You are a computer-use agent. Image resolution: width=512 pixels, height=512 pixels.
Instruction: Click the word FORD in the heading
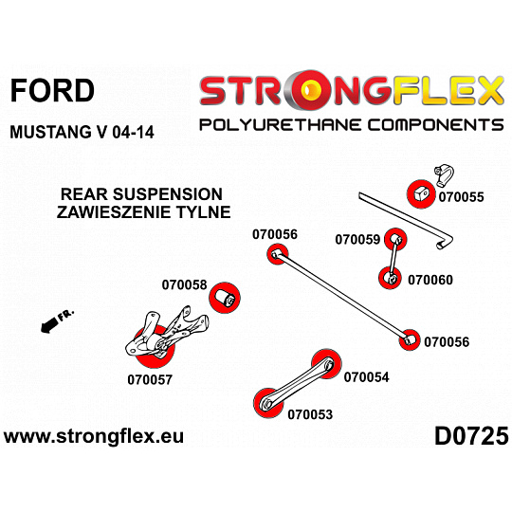[x=52, y=90]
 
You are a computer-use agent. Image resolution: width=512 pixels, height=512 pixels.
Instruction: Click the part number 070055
[x=461, y=197]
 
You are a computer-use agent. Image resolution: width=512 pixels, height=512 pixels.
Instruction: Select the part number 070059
[x=357, y=239]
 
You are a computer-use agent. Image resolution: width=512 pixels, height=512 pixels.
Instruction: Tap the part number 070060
[x=430, y=280]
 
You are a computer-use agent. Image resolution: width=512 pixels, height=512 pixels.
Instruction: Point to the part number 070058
[x=185, y=284]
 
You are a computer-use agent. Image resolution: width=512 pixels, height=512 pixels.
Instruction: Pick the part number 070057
[x=150, y=380]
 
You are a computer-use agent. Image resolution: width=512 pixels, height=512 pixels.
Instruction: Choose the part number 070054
[x=366, y=377]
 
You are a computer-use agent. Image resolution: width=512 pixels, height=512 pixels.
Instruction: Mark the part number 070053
[x=310, y=414]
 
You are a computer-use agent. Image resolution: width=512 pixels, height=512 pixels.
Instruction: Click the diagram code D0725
[x=471, y=436]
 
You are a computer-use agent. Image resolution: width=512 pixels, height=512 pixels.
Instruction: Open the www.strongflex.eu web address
[x=94, y=436]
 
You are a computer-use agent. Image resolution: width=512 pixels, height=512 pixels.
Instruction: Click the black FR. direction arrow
[x=49, y=325]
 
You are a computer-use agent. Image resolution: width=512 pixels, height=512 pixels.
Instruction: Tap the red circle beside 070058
[x=225, y=298]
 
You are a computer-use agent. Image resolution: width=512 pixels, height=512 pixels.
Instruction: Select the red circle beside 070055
[x=421, y=193]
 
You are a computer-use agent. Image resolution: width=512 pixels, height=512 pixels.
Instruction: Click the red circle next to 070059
[x=395, y=239]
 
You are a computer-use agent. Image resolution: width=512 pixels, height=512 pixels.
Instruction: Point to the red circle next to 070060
[x=390, y=278]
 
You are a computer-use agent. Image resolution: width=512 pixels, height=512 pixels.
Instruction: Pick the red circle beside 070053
[x=269, y=403]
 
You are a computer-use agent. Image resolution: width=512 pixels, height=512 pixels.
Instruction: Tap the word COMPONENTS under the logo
[x=436, y=125]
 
